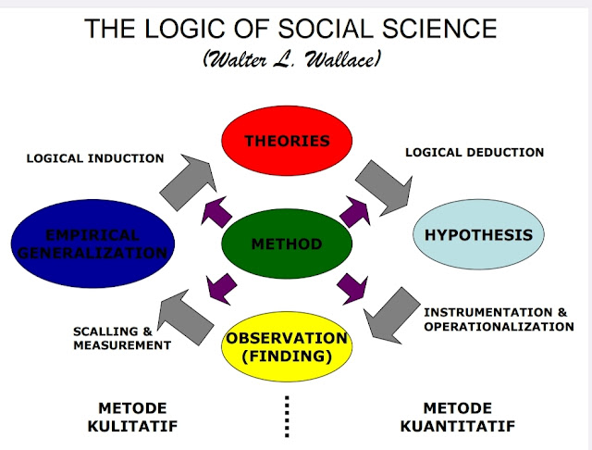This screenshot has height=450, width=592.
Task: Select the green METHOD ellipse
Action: click(287, 244)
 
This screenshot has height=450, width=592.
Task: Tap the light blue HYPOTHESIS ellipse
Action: click(477, 235)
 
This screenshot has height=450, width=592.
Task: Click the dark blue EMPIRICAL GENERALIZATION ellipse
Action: click(90, 244)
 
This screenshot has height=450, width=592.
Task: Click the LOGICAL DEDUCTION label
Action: click(475, 152)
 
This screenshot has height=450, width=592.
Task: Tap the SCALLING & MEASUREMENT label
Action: click(122, 338)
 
